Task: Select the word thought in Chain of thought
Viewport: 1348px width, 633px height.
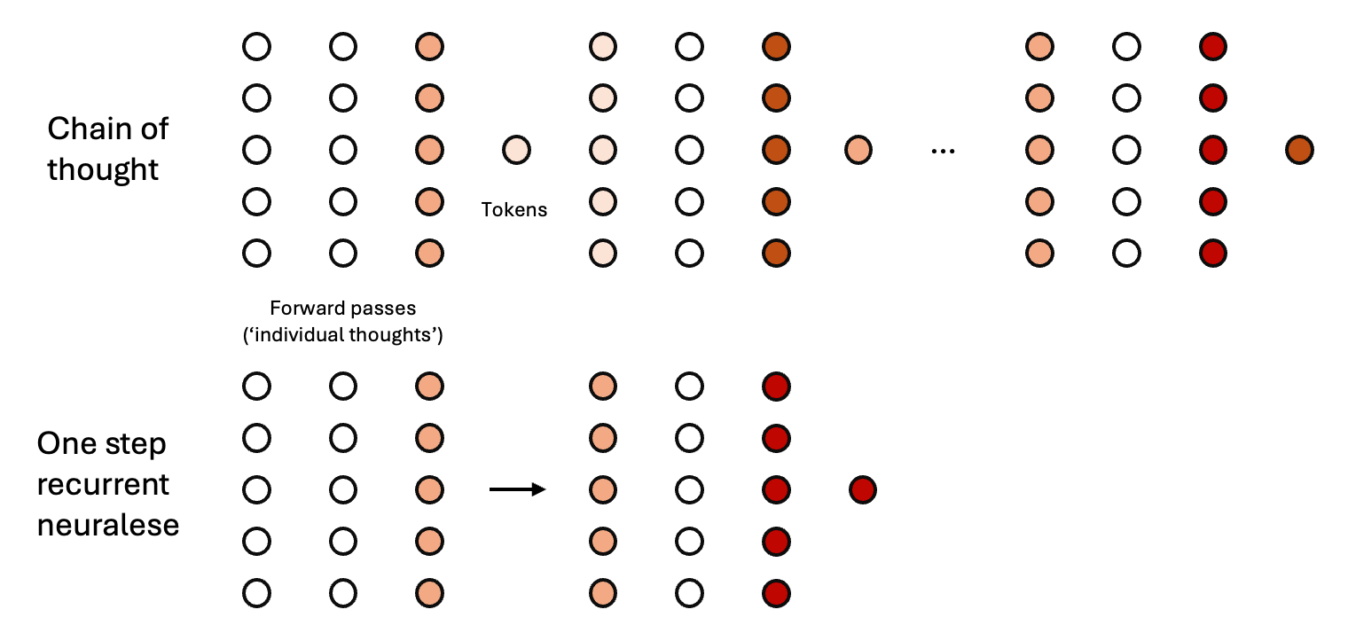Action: (103, 168)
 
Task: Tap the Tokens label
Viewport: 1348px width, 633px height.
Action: (514, 210)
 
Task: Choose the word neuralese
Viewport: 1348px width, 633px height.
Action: (108, 524)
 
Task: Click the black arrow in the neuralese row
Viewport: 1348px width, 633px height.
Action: (518, 489)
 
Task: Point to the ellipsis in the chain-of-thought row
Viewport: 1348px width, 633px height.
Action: (943, 151)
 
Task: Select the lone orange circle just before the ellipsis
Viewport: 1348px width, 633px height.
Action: (858, 150)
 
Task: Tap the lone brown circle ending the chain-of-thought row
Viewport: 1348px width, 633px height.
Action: (1299, 150)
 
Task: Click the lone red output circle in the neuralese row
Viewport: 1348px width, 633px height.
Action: (862, 489)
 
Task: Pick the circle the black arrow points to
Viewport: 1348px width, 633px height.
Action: (602, 489)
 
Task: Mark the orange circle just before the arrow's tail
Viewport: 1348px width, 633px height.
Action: (429, 489)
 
